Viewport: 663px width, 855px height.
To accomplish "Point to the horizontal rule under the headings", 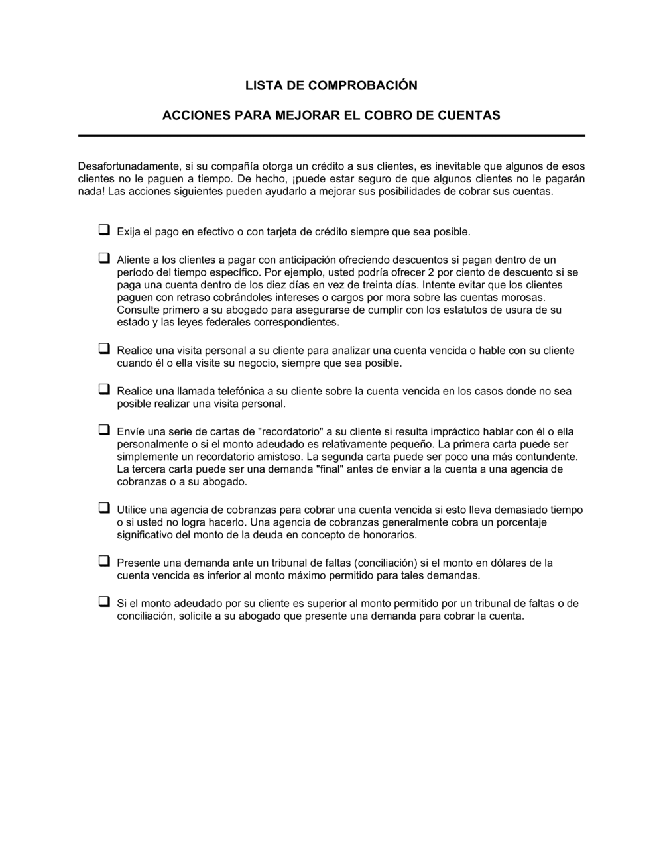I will coord(331,135).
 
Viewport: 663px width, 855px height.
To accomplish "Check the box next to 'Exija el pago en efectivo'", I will coord(104,230).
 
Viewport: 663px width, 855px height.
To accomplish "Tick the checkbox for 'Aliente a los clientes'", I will coord(104,258).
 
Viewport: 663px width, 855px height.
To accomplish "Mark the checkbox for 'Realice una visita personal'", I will coord(104,349).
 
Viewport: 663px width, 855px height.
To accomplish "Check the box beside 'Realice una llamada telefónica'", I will coord(104,389).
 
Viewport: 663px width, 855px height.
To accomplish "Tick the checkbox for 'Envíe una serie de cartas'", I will coord(104,429).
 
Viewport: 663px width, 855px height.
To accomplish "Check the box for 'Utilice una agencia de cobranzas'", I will coord(104,508).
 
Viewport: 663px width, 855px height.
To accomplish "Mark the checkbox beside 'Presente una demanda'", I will coord(104,561).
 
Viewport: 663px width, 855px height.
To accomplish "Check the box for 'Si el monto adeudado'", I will coord(104,602).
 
